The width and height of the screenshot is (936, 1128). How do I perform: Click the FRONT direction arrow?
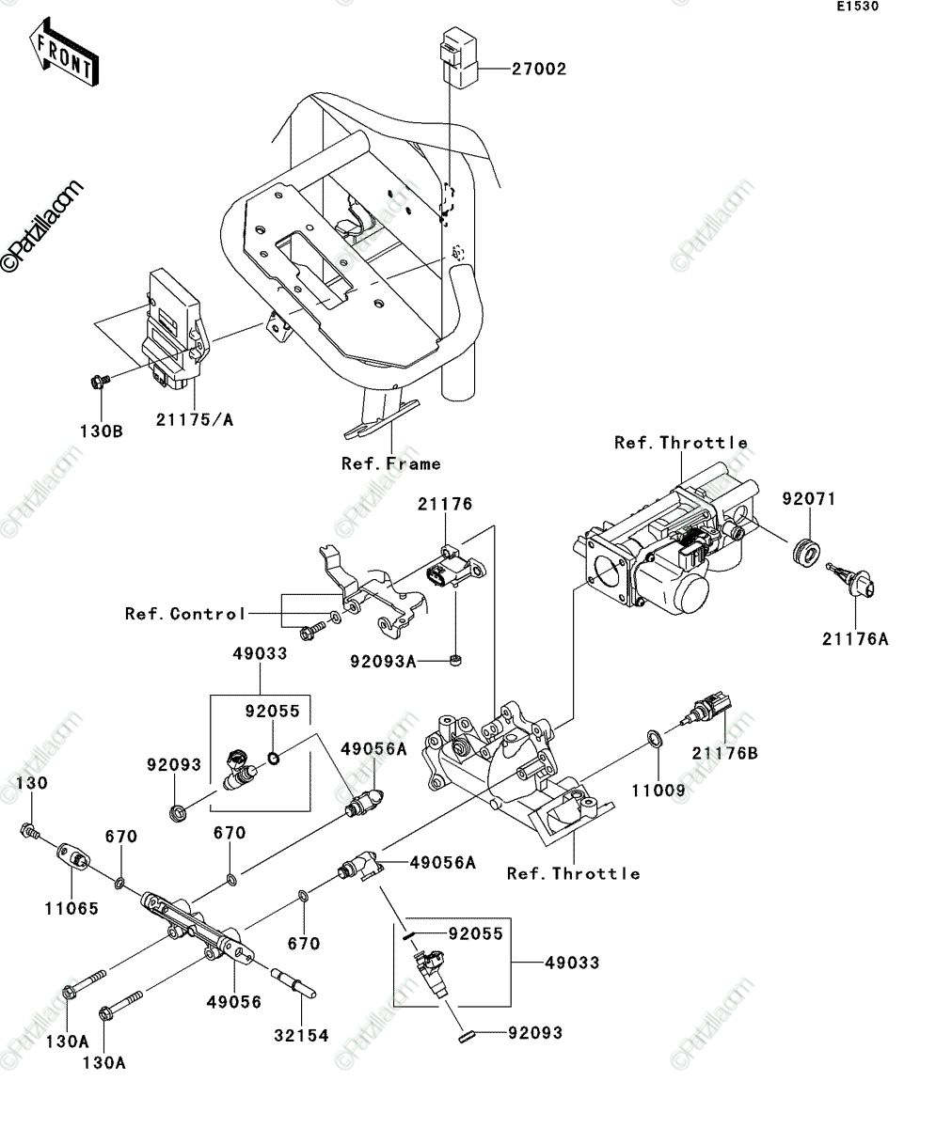pos(64,52)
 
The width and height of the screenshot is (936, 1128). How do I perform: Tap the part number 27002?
pos(539,70)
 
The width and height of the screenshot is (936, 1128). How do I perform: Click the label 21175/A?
pos(195,420)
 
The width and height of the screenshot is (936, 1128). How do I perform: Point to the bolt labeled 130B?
pos(100,382)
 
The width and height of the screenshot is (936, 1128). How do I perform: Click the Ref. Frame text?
pos(391,463)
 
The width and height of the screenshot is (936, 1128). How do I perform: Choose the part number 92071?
pos(809,498)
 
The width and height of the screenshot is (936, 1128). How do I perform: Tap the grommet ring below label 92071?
pos(807,552)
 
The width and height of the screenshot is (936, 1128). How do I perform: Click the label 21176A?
pos(855,639)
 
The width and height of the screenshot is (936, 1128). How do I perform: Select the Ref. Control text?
pos(185,614)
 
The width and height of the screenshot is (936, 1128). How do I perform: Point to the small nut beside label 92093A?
pos(456,660)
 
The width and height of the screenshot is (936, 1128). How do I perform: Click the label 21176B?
pos(725,753)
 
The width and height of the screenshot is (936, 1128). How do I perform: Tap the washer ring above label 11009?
pos(655,739)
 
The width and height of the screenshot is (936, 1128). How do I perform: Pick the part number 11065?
pos(71,909)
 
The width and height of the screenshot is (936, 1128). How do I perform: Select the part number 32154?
pos(301,1036)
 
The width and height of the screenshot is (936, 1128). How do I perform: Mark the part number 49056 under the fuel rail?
pos(234,1002)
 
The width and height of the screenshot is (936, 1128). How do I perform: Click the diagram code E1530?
pos(858,7)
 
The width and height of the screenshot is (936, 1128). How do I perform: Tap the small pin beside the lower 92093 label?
pos(466,1037)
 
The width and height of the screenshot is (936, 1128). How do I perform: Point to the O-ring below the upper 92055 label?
pos(274,759)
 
